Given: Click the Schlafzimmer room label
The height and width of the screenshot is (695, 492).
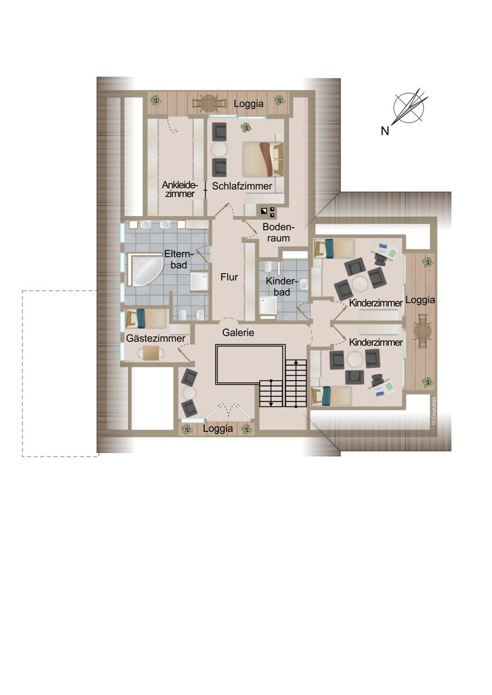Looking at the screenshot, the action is (x=242, y=186).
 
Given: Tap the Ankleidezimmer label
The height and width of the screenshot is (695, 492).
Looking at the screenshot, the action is (x=180, y=189).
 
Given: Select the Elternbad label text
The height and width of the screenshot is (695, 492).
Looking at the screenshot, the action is (x=179, y=259).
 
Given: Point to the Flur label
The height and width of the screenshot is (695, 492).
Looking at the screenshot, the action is (x=229, y=277).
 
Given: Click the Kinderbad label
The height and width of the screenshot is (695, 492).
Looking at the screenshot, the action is (x=282, y=287).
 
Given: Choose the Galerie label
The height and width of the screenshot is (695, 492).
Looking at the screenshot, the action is (x=238, y=333).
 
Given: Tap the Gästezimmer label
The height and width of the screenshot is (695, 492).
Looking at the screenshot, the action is (x=156, y=338).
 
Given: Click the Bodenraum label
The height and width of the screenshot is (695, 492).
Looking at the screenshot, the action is (x=278, y=233).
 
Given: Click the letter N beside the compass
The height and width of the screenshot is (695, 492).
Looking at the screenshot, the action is (x=385, y=131).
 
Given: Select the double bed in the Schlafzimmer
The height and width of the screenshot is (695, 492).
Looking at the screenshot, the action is (x=263, y=159).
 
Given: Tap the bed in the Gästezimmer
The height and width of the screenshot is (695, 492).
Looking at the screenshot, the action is (x=147, y=318).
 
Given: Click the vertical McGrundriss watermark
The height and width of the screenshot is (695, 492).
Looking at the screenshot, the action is (x=434, y=412).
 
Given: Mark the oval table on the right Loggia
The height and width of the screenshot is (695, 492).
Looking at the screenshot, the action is (x=422, y=332).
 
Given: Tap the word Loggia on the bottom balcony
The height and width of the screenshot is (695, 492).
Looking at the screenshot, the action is (x=218, y=428).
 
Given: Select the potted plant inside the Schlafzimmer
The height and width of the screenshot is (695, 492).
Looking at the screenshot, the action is (x=246, y=127).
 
